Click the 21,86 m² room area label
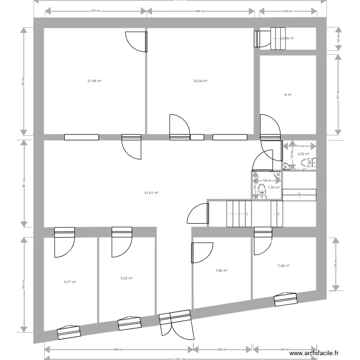[x=94, y=81]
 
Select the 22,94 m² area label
[x=200, y=81]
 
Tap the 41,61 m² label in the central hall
[x=151, y=192]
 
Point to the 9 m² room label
[x=288, y=95]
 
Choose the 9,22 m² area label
[x=126, y=278]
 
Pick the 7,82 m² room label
[x=221, y=271]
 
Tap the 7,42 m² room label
[x=284, y=265]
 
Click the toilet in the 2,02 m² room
[x=306, y=164]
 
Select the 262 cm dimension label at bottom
[x=222, y=350]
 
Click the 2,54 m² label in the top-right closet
[x=288, y=38]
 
